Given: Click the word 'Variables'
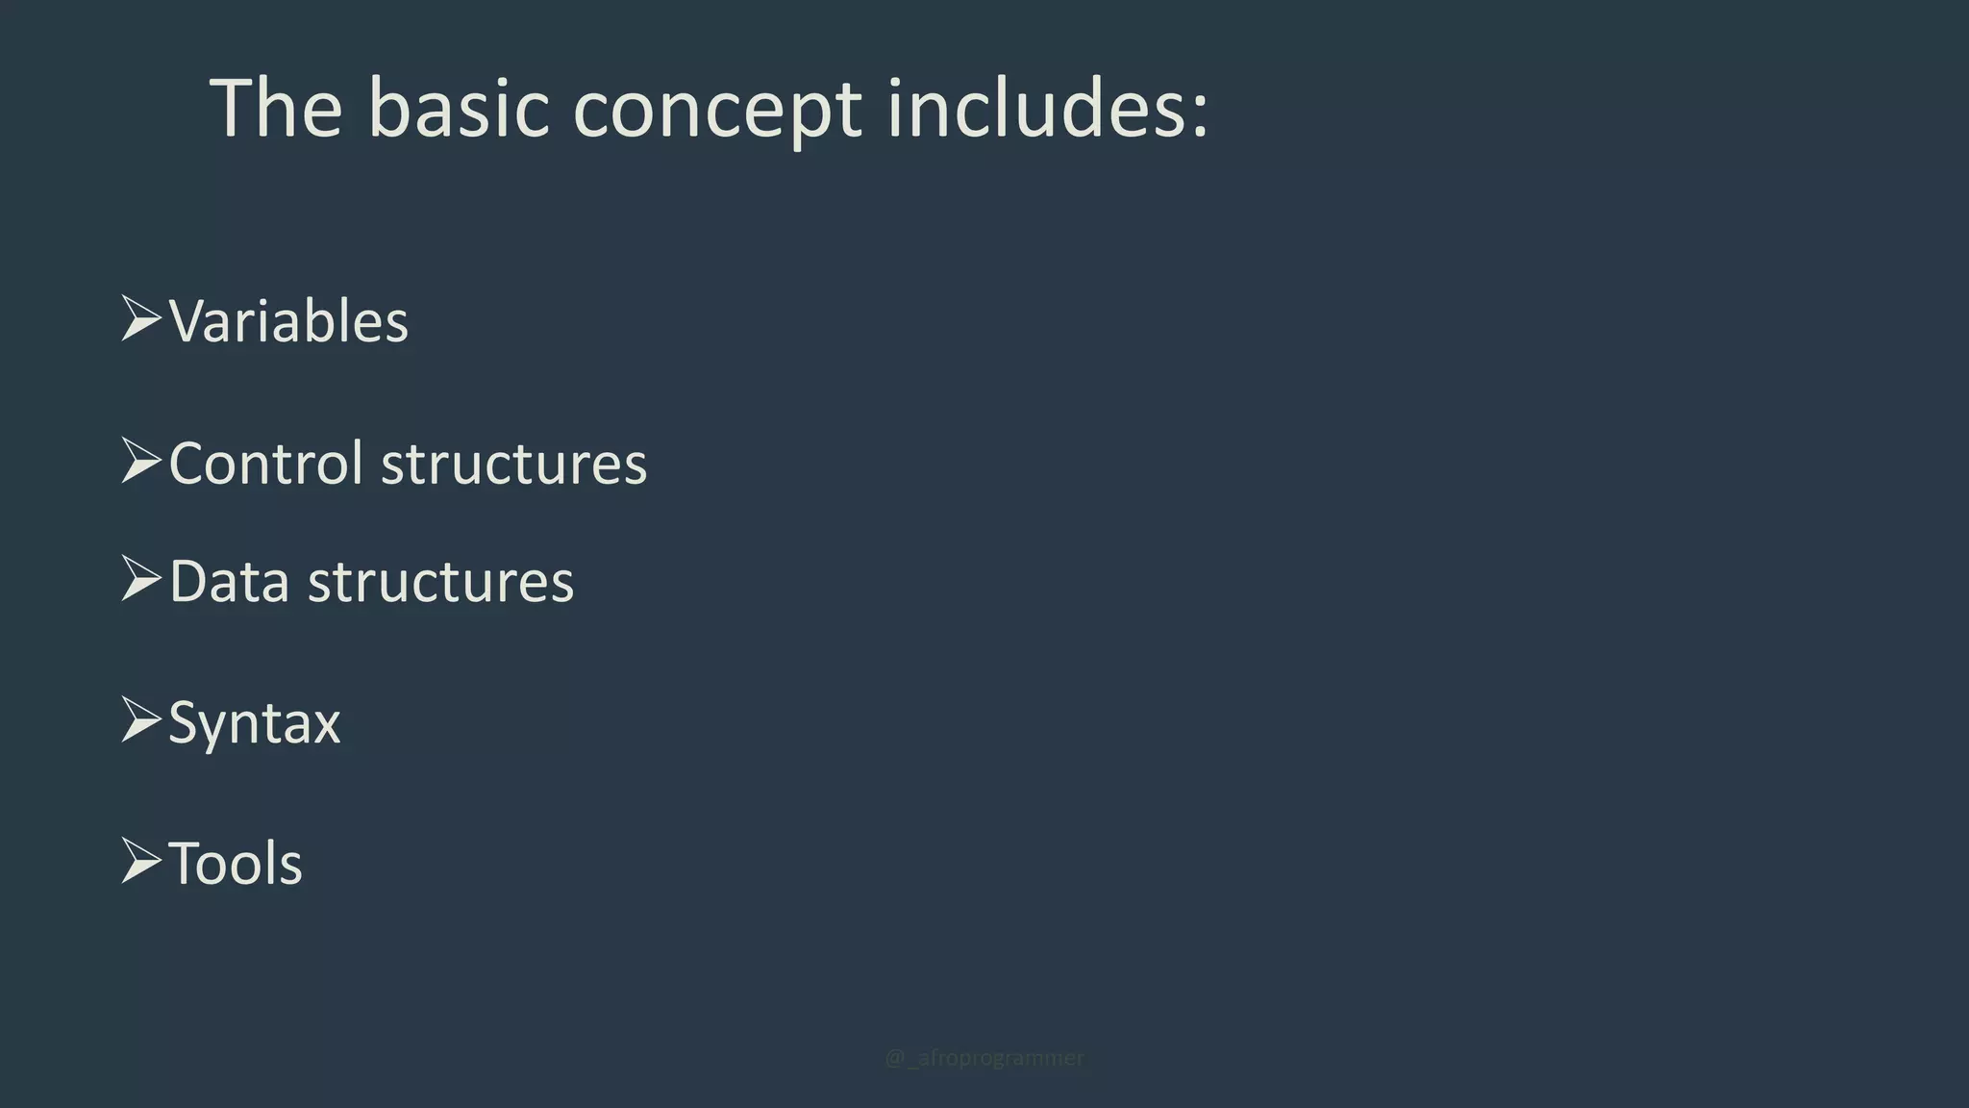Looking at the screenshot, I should [x=288, y=321].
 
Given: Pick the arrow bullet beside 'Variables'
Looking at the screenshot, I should [x=140, y=319].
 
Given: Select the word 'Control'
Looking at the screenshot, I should [x=265, y=464].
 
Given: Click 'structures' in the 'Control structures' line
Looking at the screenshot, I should [x=514, y=465].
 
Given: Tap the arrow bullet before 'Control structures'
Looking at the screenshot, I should [x=140, y=461].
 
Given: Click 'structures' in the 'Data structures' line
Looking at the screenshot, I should [x=440, y=583].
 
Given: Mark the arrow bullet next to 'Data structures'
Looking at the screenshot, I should [x=140, y=579].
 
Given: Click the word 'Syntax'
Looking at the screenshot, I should [x=255, y=723].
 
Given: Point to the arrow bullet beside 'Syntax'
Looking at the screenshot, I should [x=140, y=720].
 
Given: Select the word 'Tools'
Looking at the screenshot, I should [x=236, y=863].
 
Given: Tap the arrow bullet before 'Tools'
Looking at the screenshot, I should [x=140, y=861].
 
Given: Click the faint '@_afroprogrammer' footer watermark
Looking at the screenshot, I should [x=984, y=1058].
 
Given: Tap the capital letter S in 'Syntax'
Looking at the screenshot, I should [x=184, y=721].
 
